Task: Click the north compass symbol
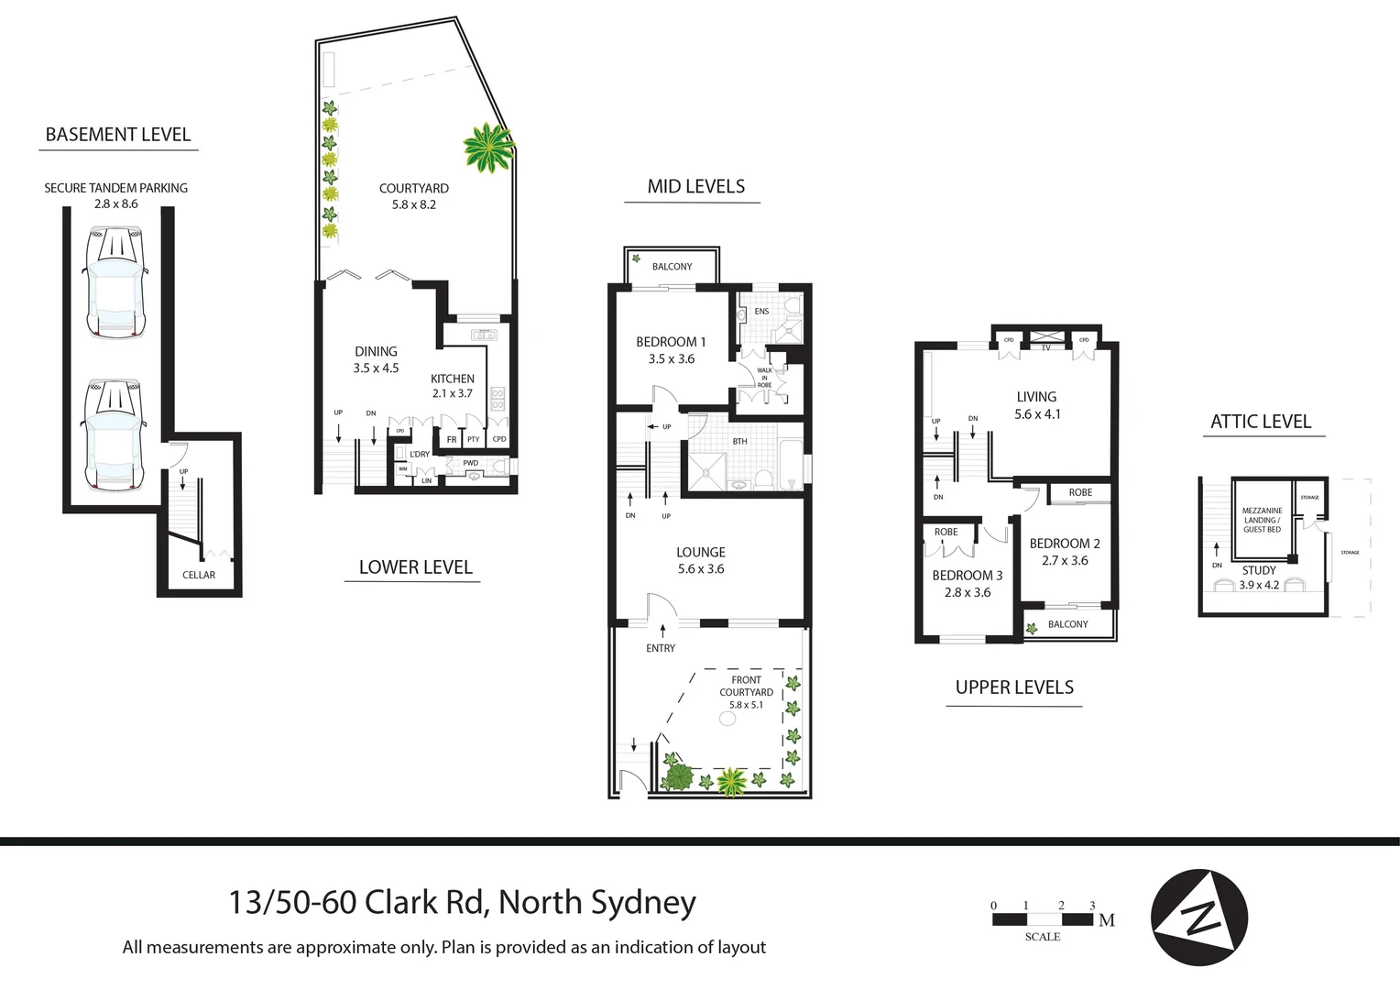[x=1198, y=917]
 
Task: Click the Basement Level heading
[x=118, y=135]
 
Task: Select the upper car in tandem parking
[x=115, y=283]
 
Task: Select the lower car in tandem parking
[x=115, y=435]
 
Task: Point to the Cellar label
[x=199, y=575]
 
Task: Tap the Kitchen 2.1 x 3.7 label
[x=453, y=386]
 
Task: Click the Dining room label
[x=376, y=359]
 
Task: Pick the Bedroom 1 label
[x=671, y=350]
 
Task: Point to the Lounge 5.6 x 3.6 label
[x=701, y=560]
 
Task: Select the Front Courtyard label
[x=746, y=692]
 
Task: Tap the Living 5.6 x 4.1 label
[x=1036, y=405]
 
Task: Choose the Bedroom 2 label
[x=1065, y=551]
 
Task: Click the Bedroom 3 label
[x=968, y=583]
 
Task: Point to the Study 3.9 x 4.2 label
[x=1259, y=577]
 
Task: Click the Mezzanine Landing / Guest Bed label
[x=1262, y=520]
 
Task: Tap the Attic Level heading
[x=1261, y=422]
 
